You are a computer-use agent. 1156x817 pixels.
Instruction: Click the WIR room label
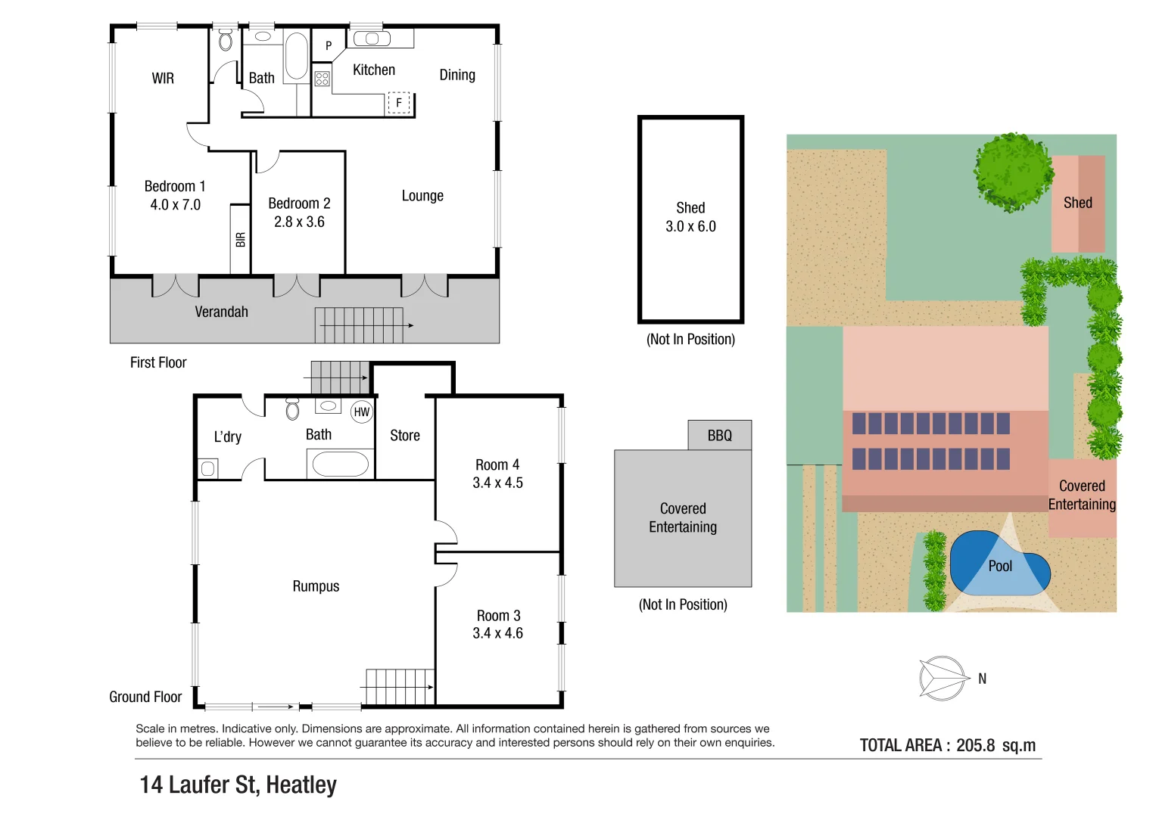[163, 79]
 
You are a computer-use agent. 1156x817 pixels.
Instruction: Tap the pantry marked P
[329, 46]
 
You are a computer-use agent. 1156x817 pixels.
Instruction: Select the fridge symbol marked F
[399, 103]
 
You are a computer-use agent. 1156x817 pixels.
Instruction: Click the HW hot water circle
[362, 412]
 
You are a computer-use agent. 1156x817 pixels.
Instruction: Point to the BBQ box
[720, 436]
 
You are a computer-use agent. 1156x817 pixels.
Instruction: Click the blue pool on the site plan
[999, 564]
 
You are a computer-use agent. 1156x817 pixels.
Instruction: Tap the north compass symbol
[943, 678]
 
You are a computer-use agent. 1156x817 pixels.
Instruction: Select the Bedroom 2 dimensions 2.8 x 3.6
[299, 222]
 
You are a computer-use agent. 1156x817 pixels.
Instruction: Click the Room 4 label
[497, 464]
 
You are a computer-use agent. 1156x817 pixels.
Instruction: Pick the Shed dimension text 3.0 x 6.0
[690, 226]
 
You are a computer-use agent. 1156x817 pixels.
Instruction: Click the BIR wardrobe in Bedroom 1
[240, 239]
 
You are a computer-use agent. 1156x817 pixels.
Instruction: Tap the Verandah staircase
[359, 325]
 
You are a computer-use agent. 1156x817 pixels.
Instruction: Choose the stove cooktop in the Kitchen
[322, 79]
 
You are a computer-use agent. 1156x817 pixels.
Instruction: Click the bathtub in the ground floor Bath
[341, 464]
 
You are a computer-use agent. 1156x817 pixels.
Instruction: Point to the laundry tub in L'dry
[208, 469]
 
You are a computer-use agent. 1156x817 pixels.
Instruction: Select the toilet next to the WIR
[226, 40]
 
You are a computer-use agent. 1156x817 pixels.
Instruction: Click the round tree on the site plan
[1013, 172]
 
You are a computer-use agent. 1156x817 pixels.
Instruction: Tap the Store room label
[405, 436]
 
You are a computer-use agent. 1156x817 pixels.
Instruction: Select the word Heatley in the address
[301, 785]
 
